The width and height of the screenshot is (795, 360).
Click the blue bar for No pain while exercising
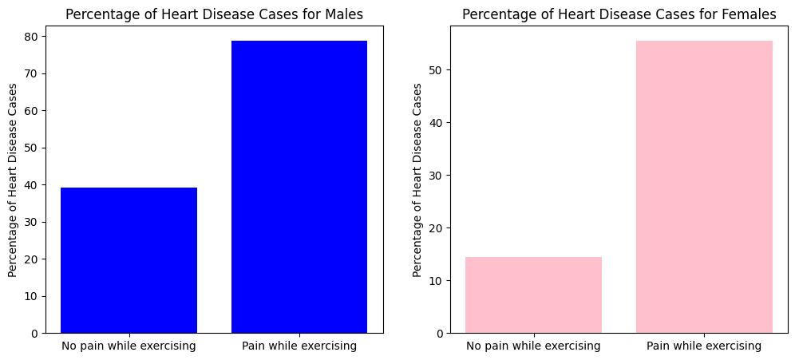(129, 260)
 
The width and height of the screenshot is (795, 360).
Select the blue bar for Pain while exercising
(299, 187)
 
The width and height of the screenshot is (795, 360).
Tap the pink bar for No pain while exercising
(533, 295)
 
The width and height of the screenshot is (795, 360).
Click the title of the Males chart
(214, 14)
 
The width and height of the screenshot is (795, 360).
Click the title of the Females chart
(619, 14)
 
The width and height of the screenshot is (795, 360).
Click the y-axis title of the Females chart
(417, 180)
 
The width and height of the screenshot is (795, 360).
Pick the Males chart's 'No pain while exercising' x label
(129, 346)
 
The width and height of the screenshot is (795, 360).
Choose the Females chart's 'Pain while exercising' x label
(704, 346)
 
